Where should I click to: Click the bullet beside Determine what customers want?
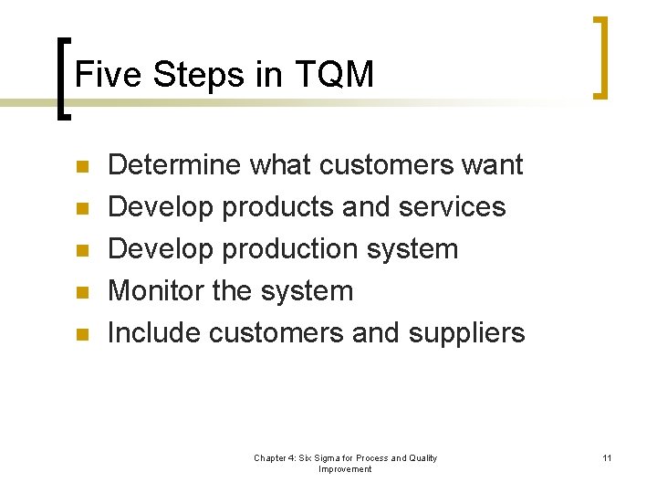pos(80,167)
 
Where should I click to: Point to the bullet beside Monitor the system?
pos(80,293)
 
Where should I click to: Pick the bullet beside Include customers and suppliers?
pos(80,335)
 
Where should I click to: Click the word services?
pos(453,207)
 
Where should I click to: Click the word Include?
pos(153,333)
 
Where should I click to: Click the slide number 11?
pos(607,457)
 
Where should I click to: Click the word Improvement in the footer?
pos(345,469)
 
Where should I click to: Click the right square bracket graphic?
pos(600,57)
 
